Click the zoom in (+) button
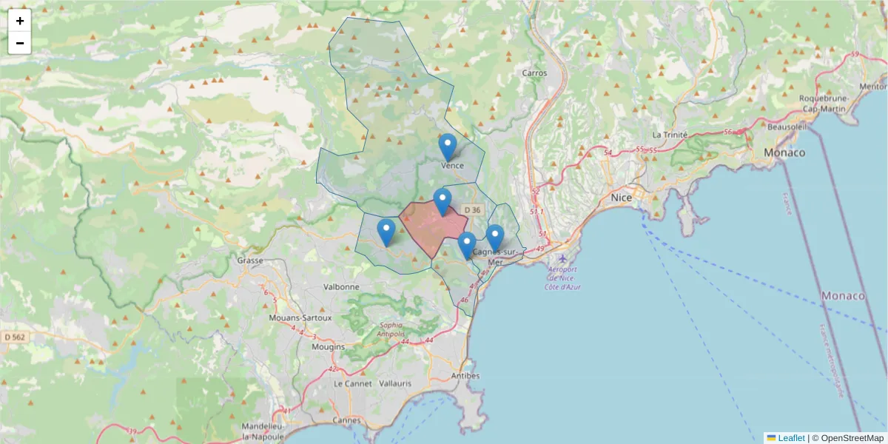coord(20,21)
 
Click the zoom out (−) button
coord(20,43)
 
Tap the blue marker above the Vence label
coord(447,147)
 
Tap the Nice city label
coord(621,198)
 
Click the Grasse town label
coord(250,260)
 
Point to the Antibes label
coord(465,376)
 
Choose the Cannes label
coord(346,420)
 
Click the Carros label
coord(534,73)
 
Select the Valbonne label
coord(341,286)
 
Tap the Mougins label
coord(329,346)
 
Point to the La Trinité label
coord(670,135)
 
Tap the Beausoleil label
coord(787,127)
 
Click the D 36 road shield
coord(472,211)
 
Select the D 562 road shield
coord(14,337)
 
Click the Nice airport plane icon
coord(563,258)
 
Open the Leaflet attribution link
coord(790,438)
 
